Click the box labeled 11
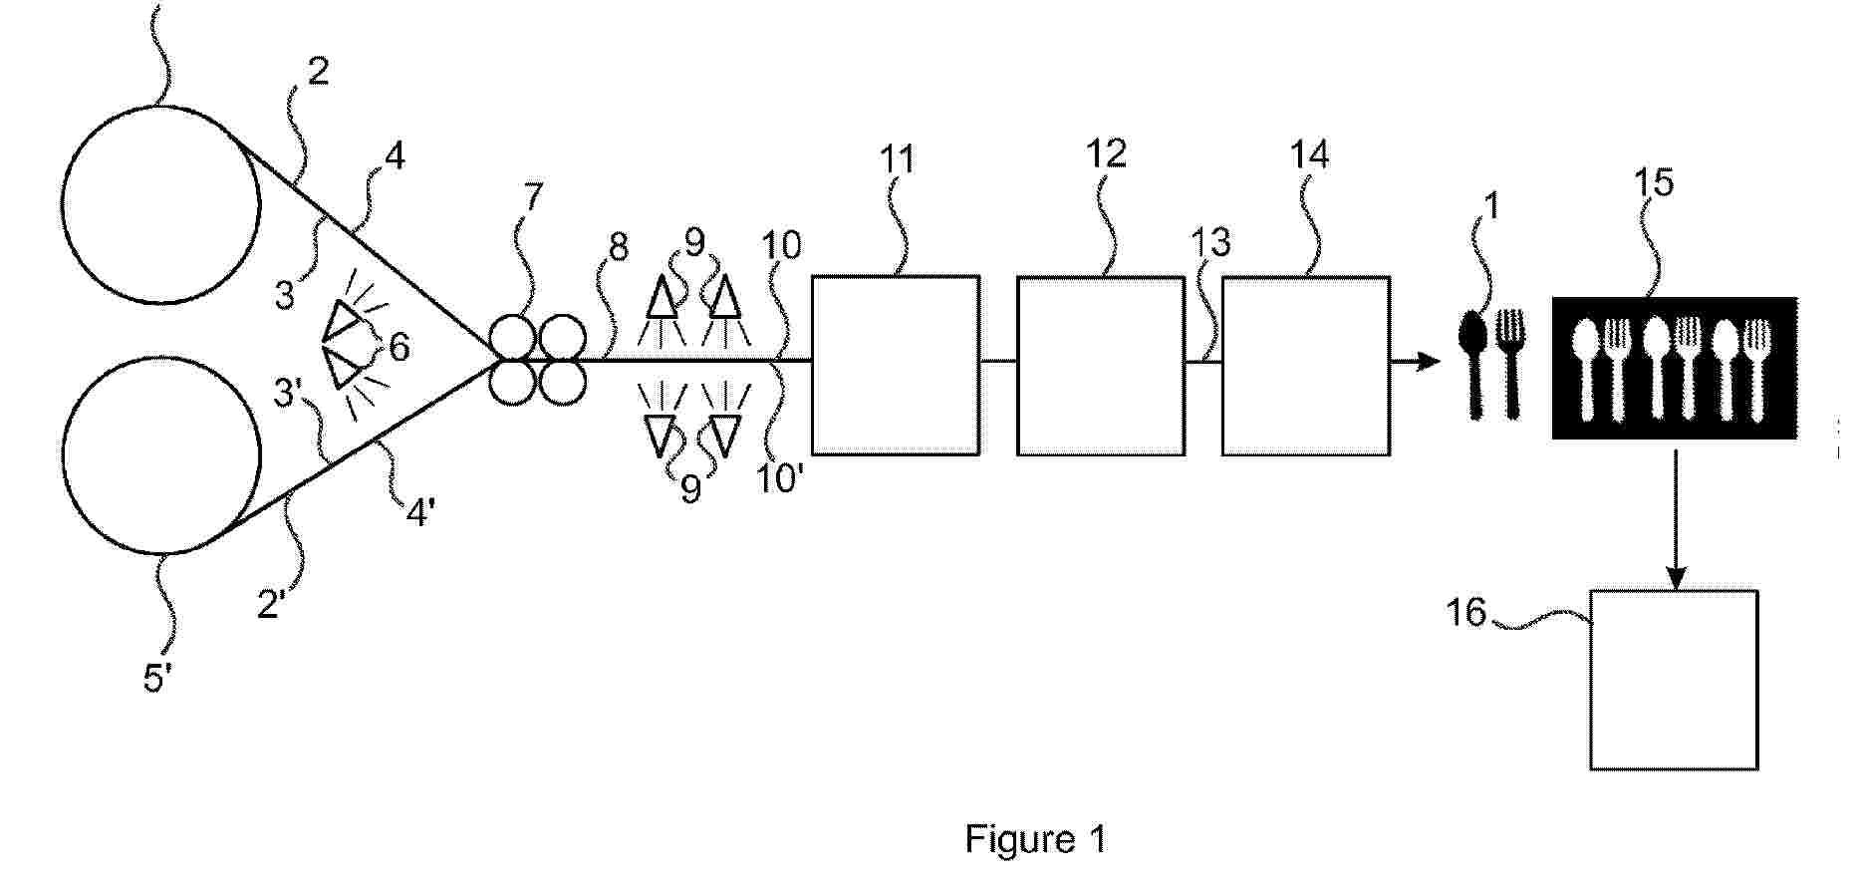[x=895, y=365]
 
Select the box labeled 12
[x=1100, y=365]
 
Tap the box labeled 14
[x=1305, y=365]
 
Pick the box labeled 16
[x=1673, y=680]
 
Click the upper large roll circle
[x=160, y=203]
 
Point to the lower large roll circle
[x=160, y=453]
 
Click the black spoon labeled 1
[x=1473, y=362]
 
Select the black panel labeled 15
[x=1674, y=367]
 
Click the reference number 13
[x=1211, y=242]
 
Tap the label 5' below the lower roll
[x=158, y=679]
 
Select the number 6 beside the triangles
[x=398, y=347]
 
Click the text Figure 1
[x=1035, y=839]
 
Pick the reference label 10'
[x=780, y=479]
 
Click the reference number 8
[x=619, y=247]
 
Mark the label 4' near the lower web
[x=419, y=514]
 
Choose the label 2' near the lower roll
[x=272, y=603]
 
